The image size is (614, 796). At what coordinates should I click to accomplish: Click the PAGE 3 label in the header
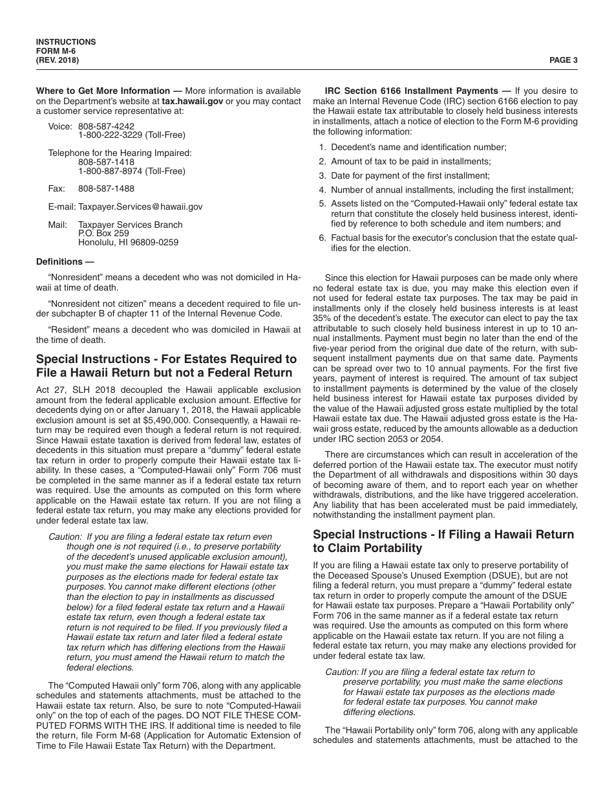point(563,60)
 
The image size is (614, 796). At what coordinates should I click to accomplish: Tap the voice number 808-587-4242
point(106,126)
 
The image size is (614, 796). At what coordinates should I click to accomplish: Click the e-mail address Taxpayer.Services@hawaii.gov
point(140,206)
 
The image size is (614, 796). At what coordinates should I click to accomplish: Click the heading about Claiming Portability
point(443,541)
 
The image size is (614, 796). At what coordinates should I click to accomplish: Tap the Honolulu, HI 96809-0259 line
point(128,243)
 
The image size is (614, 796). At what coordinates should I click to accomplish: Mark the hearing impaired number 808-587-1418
point(106,162)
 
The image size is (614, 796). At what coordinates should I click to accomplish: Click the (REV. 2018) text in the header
point(58,60)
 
